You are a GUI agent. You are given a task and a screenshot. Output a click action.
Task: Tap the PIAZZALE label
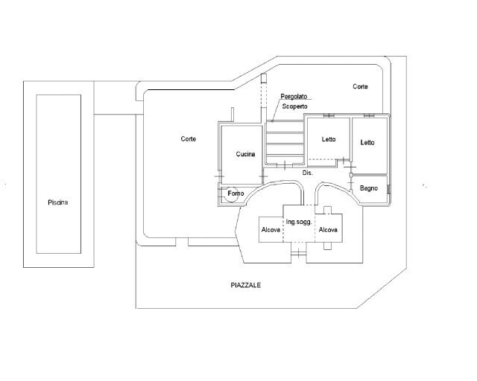pos(246,285)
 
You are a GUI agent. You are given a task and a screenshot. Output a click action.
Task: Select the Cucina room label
pos(246,154)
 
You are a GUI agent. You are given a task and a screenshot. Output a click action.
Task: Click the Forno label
pos(236,193)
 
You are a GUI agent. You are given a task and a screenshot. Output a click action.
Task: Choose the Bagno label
pos(369,188)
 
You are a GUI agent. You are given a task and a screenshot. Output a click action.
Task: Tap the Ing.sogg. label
pos(299,222)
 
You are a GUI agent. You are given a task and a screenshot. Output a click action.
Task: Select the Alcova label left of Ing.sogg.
pos(271,230)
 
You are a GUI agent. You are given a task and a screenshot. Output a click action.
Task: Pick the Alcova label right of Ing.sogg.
pos(328,230)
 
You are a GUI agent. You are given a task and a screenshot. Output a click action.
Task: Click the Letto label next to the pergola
pos(329,139)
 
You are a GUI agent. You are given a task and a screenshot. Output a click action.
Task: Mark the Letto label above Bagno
pos(367,142)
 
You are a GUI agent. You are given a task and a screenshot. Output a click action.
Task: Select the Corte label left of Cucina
pos(188,139)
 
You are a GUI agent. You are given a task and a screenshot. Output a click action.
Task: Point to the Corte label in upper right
pos(360,86)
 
